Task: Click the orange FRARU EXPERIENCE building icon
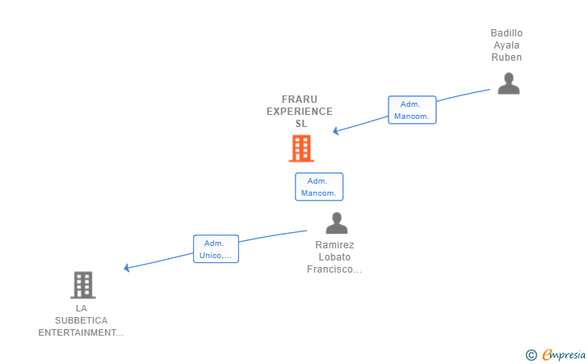[301, 148]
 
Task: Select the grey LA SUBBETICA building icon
[83, 285]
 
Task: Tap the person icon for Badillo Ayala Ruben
[509, 83]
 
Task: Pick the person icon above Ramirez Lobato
[336, 222]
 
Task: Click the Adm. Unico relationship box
[216, 248]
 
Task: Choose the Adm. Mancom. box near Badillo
[412, 110]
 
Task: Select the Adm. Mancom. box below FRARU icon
[319, 187]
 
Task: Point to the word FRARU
[299, 99]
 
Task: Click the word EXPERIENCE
[299, 111]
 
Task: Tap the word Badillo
[506, 33]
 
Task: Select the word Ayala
[506, 45]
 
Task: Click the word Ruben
[506, 57]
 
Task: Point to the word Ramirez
[334, 245]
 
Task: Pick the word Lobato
[334, 257]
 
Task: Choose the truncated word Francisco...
[334, 269]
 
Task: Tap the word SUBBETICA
[82, 320]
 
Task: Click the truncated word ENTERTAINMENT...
[81, 332]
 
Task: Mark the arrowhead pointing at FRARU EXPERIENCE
[336, 131]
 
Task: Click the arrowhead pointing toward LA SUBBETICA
[127, 268]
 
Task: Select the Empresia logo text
[564, 354]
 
